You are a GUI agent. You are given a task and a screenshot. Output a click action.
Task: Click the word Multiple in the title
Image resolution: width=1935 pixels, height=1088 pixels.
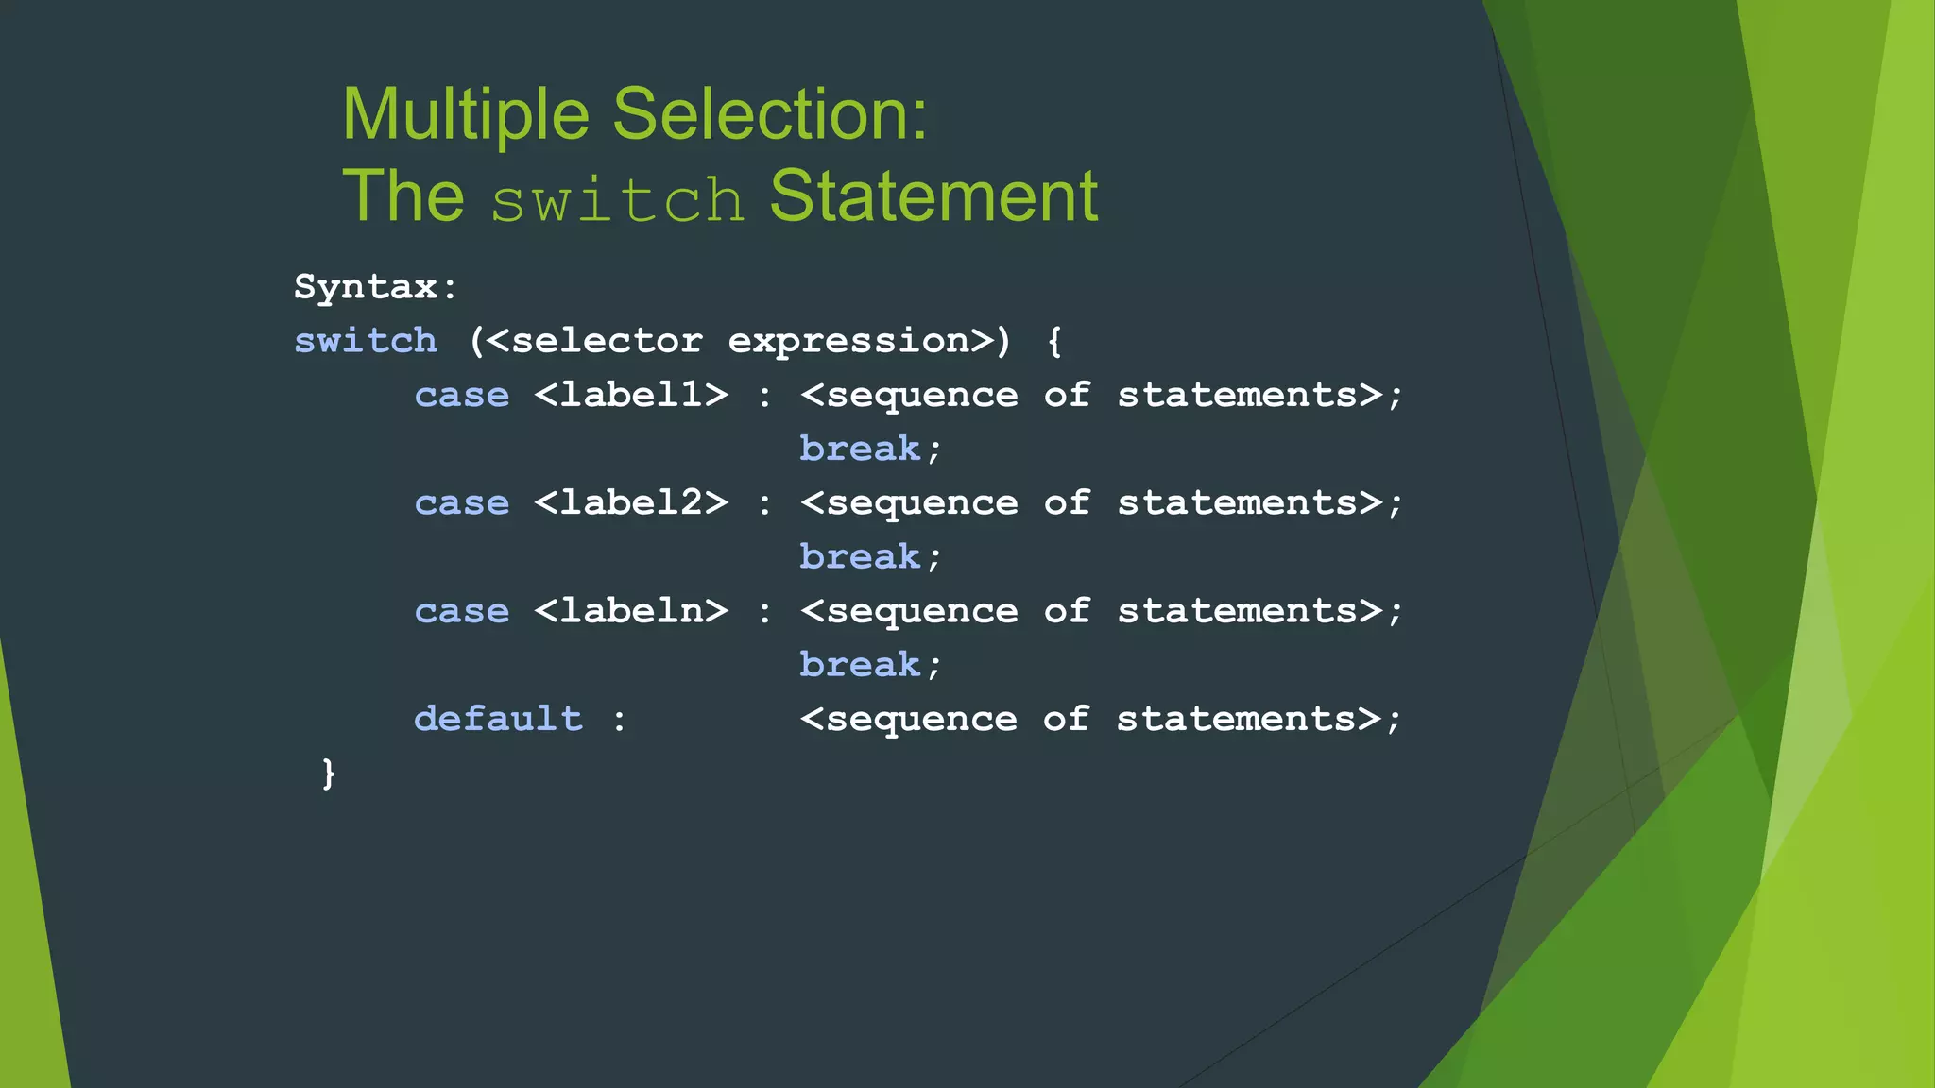465,115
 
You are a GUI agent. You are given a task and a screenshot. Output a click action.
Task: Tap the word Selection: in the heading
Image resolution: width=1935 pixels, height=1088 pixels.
770,115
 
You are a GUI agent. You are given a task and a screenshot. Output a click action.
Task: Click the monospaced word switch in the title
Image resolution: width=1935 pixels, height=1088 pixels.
618,200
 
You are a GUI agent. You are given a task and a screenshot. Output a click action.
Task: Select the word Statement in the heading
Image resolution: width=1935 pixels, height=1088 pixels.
933,197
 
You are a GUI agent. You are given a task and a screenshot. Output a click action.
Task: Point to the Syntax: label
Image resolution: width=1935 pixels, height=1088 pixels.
375,287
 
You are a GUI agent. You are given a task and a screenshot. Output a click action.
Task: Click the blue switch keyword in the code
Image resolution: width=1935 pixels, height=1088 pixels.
366,341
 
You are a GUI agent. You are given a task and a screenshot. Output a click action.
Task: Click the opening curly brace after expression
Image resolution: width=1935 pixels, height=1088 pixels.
1054,341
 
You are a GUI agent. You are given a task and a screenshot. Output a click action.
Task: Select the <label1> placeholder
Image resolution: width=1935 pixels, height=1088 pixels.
631,395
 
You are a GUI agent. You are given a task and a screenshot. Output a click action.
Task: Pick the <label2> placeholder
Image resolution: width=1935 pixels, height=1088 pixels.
631,502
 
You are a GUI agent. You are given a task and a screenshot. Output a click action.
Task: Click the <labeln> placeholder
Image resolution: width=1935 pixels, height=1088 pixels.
631,611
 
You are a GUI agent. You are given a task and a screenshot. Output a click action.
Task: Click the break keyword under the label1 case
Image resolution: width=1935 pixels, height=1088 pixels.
860,449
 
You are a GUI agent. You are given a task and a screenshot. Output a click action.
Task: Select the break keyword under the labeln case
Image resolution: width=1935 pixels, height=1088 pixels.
860,665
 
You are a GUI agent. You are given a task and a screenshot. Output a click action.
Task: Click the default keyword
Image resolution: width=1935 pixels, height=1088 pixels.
498,719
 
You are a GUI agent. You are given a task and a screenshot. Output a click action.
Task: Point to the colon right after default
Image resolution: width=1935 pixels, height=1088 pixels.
619,721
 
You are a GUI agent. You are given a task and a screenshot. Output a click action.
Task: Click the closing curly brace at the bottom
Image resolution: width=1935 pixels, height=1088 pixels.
328,773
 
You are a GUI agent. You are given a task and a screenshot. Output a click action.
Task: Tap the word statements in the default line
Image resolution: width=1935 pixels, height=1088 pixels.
1237,719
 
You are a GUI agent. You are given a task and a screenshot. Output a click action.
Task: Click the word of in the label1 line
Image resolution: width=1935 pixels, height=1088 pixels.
1067,395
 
